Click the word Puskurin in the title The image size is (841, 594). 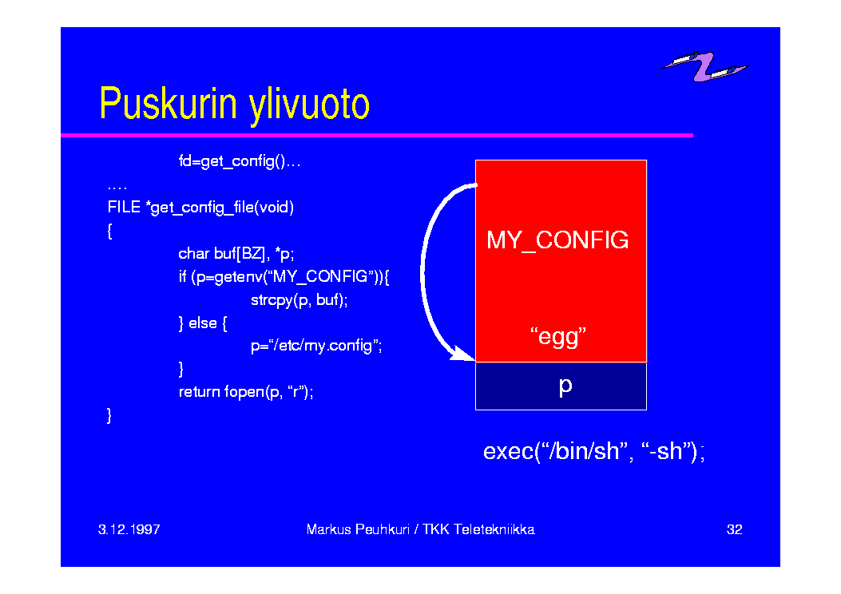[x=168, y=103]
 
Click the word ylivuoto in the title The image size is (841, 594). [x=309, y=106]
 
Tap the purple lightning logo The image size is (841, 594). [x=705, y=66]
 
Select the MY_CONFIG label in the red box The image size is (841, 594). [x=557, y=240]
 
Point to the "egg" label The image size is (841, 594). [x=558, y=337]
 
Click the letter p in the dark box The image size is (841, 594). [x=565, y=386]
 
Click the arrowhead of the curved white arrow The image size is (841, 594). [x=462, y=354]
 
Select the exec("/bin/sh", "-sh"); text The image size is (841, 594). [x=593, y=451]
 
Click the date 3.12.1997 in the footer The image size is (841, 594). [x=129, y=529]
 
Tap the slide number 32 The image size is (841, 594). [x=734, y=529]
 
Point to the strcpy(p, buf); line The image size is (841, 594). [x=300, y=300]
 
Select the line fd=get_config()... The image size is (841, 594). [x=240, y=161]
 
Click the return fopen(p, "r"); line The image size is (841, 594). [x=246, y=393]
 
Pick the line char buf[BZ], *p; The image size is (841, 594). [x=236, y=254]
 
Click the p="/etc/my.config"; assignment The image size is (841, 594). [x=316, y=346]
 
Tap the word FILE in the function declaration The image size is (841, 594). [x=124, y=207]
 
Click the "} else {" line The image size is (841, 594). [x=203, y=323]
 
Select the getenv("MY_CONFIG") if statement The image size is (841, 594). [x=284, y=277]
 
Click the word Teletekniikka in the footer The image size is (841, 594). [x=494, y=529]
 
